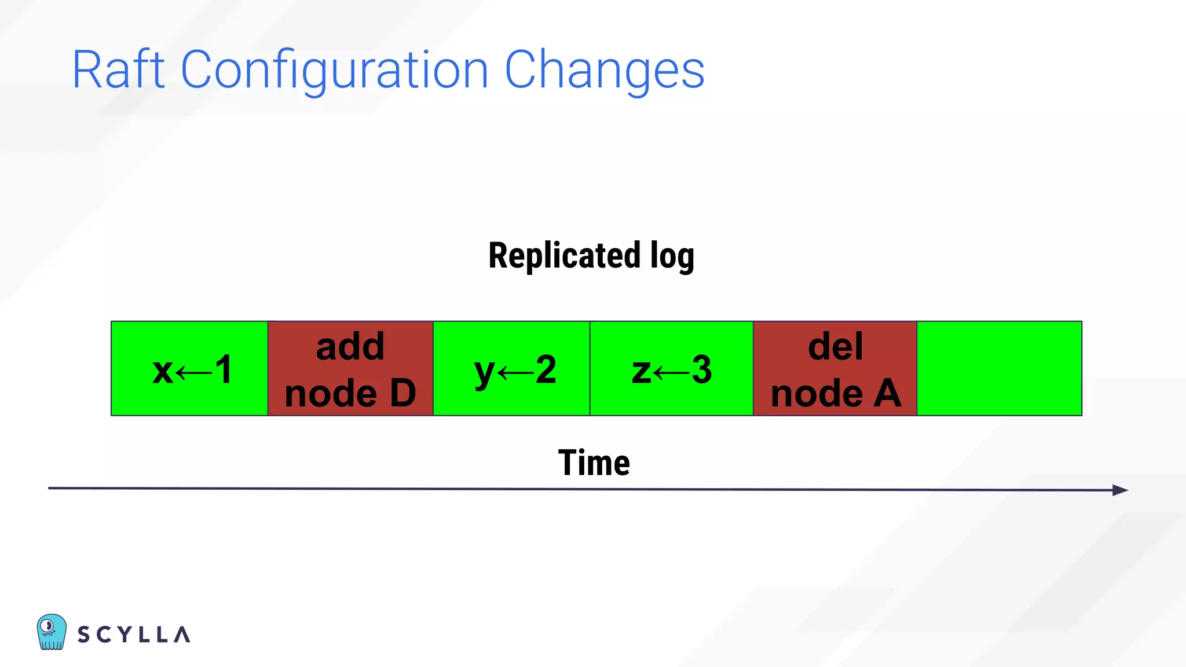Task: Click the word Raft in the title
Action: click(x=118, y=70)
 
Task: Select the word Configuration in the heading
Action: click(x=335, y=70)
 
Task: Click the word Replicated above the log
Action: click(x=564, y=256)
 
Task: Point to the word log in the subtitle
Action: click(x=672, y=256)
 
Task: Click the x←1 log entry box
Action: click(x=190, y=369)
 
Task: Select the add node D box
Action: click(x=350, y=369)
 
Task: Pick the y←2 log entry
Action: click(x=512, y=369)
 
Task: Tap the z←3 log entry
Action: click(x=672, y=369)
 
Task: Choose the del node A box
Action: click(x=835, y=369)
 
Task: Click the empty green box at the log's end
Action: click(x=1000, y=369)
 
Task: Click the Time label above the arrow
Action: click(x=594, y=463)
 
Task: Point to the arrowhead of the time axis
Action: click(x=1121, y=490)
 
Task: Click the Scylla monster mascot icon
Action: click(x=52, y=632)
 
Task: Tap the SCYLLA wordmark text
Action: click(x=134, y=635)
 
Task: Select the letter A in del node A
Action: click(x=887, y=393)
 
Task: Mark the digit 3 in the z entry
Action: click(x=701, y=369)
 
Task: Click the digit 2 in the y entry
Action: click(x=546, y=369)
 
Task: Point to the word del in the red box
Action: click(x=835, y=346)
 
